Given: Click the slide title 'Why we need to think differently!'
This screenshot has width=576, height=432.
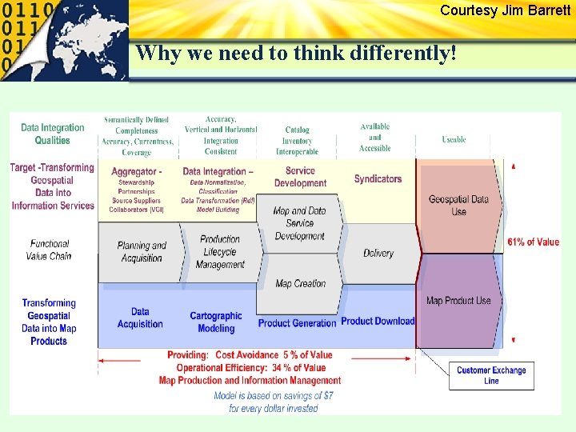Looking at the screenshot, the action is (x=296, y=54).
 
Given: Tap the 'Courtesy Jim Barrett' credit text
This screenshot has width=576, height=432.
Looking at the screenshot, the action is (x=505, y=10).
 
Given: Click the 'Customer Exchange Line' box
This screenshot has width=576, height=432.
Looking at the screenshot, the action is (x=491, y=375).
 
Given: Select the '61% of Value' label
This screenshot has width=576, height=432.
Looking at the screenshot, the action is (x=533, y=242).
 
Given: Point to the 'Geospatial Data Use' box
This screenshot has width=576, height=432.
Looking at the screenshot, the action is (x=458, y=206).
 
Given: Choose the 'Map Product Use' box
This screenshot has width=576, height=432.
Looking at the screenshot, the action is (x=458, y=301).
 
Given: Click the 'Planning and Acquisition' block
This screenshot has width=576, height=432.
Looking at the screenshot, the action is (x=142, y=252).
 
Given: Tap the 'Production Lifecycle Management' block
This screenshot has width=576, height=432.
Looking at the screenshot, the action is (x=220, y=252).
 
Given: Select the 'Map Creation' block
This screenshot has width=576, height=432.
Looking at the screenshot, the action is (x=300, y=283).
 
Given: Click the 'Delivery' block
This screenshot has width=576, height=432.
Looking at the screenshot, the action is (x=378, y=253).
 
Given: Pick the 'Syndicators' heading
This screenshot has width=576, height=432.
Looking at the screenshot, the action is (x=378, y=179).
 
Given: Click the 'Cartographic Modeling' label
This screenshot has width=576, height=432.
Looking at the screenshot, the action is (x=216, y=322).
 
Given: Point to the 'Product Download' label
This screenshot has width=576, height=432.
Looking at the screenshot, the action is (x=378, y=322).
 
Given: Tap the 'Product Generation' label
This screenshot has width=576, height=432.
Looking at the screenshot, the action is (x=297, y=323).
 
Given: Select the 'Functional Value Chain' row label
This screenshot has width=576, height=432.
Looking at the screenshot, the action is (x=49, y=250).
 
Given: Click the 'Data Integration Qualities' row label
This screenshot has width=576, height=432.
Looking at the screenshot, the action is (x=52, y=134).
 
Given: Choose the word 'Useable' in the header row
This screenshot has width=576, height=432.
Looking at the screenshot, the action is (x=454, y=139).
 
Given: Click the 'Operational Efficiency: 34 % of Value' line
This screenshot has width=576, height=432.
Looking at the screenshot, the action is (x=251, y=368).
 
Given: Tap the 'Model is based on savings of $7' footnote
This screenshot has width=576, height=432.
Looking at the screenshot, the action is (x=274, y=396).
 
